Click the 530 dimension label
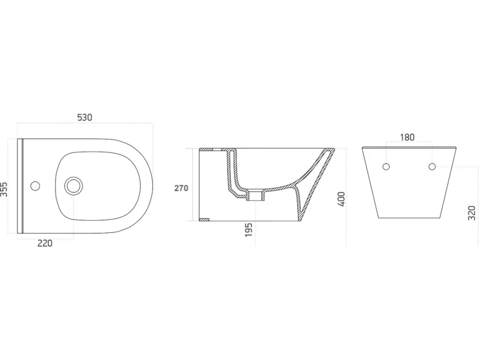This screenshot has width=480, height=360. [85, 118]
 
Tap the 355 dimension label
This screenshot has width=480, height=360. [4, 189]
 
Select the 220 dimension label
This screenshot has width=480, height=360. [45, 243]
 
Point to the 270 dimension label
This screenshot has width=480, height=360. [181, 188]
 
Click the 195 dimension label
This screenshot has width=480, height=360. [249, 230]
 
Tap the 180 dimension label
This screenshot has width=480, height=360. [407, 137]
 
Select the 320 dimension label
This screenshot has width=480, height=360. [472, 213]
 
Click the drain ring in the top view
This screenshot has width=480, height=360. [73, 185]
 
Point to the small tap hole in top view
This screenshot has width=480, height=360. [36, 185]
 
